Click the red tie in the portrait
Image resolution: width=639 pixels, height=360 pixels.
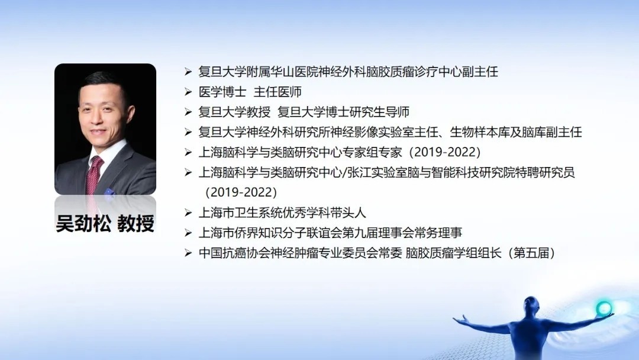(93, 175)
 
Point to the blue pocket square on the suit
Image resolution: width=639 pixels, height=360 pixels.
(109, 192)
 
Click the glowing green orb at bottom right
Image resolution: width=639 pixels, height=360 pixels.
(604, 308)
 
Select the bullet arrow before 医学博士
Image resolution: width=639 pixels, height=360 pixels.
(188, 92)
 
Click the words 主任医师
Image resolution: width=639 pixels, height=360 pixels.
(277, 92)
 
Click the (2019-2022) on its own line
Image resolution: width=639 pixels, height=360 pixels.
(241, 192)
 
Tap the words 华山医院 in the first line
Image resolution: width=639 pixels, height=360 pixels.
(294, 72)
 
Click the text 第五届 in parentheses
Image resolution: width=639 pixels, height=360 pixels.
(531, 253)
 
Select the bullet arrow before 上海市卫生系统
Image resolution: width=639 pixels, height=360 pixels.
(188, 213)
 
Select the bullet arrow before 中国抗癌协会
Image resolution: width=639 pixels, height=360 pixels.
(188, 253)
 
